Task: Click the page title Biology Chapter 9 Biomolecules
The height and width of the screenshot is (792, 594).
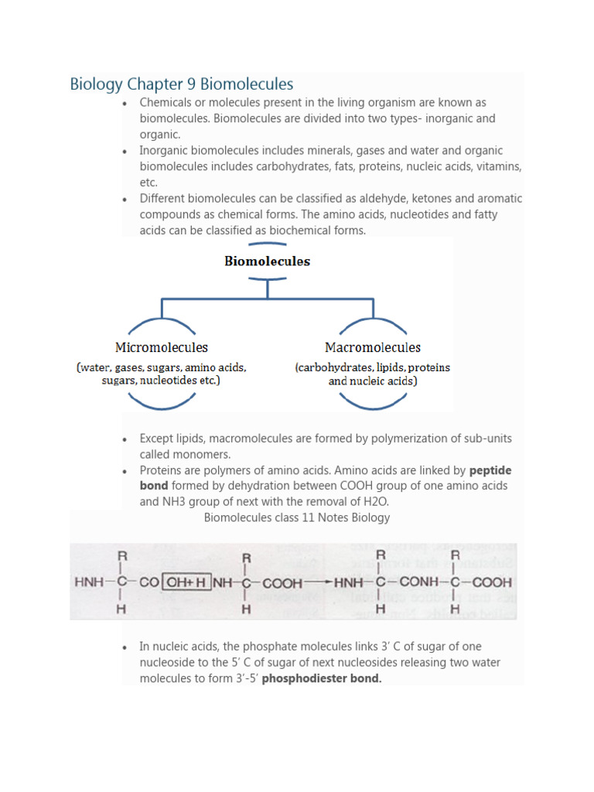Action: pos(181,84)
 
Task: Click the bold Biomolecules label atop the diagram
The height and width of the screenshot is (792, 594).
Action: pos(267,261)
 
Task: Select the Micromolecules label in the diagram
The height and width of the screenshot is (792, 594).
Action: pos(162,347)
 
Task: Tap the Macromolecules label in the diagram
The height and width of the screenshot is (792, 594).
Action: pos(372,347)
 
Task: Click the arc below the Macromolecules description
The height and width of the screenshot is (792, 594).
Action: pos(372,401)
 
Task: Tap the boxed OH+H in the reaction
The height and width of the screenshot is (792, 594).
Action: pos(185,582)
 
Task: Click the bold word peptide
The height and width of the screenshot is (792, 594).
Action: pos(490,470)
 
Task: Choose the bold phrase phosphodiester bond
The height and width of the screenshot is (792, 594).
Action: pos(322,678)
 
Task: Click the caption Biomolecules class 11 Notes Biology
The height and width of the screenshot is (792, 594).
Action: pos(297,517)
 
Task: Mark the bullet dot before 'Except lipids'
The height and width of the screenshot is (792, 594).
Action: pos(125,439)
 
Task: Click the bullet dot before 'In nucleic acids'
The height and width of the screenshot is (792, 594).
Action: pos(125,647)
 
